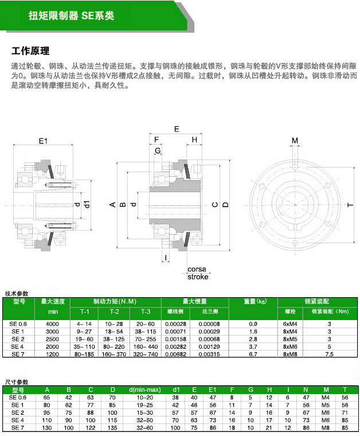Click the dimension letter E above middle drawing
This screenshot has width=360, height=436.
(176, 129)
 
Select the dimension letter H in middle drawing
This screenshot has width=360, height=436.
(194, 139)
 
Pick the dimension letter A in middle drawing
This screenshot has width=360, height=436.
(113, 204)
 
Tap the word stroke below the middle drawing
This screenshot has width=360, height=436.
(198, 277)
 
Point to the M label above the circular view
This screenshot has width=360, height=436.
(295, 141)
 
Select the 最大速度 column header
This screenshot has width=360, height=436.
(52, 301)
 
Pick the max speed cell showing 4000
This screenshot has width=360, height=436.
(52, 324)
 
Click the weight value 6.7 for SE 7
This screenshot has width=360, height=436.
(253, 355)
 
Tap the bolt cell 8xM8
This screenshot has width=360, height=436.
(291, 355)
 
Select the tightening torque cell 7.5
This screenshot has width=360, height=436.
(330, 355)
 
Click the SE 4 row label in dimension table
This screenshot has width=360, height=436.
(18, 421)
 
